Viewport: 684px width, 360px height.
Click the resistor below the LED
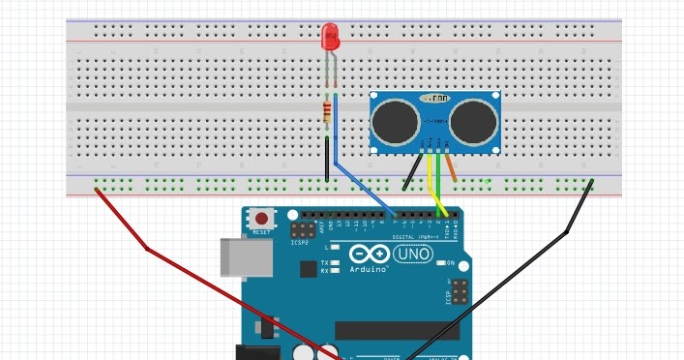tap(328, 111)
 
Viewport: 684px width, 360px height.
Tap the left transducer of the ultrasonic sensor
tap(396, 120)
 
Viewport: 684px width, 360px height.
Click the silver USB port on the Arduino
tap(241, 259)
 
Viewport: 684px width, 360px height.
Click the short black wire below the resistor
tap(327, 161)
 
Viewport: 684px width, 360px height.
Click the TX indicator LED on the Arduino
tap(334, 263)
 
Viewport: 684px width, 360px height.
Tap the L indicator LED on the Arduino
tap(334, 249)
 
